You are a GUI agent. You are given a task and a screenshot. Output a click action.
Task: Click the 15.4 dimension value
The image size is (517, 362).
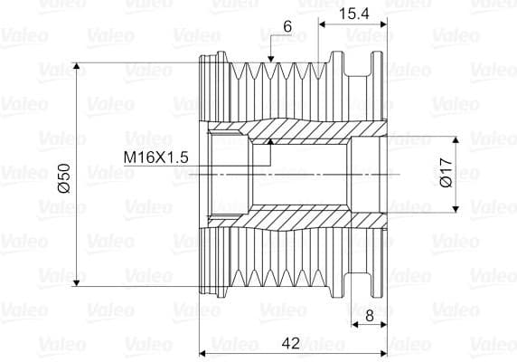[x=353, y=14]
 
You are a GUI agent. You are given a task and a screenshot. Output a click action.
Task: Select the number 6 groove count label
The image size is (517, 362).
[x=287, y=26]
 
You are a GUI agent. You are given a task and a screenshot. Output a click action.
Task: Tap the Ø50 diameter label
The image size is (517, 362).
[x=64, y=178]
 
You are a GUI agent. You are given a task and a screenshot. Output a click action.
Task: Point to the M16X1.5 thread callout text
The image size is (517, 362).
[x=156, y=157]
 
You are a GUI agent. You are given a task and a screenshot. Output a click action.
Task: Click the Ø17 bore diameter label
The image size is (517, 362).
[x=446, y=173]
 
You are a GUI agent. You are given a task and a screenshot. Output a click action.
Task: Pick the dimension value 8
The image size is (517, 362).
[x=370, y=316]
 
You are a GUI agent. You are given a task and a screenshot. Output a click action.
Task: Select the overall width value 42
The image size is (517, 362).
[x=291, y=343]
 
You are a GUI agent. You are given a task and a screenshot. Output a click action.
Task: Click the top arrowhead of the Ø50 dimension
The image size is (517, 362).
[x=77, y=66]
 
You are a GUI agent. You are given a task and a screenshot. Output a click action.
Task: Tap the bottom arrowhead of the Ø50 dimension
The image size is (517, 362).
[x=77, y=282]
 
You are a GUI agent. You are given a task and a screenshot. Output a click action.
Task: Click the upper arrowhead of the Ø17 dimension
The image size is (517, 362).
[x=456, y=139]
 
